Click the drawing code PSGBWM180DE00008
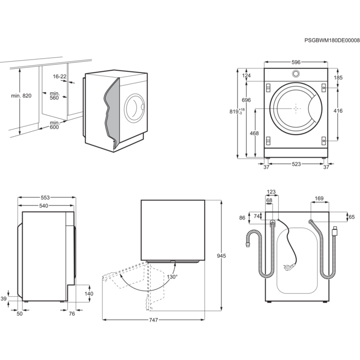coord(332,41)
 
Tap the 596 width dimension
coord(296,62)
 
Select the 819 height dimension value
coord(234,112)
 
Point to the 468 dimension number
coord(254,133)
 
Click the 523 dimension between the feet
coord(296,164)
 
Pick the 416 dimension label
coord(338,111)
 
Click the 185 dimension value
coord(338,78)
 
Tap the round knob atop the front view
coord(296,74)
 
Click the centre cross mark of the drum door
coord(296,109)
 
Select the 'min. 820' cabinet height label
coord(21,96)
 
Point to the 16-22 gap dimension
coord(60,77)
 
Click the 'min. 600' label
coord(55,125)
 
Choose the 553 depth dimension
coord(45,197)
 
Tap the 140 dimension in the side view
coord(89,294)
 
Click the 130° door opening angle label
coord(172,277)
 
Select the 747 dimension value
coord(153,320)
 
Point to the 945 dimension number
coord(221,256)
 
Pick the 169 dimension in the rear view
coord(319,199)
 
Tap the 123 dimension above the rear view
coord(271,192)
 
